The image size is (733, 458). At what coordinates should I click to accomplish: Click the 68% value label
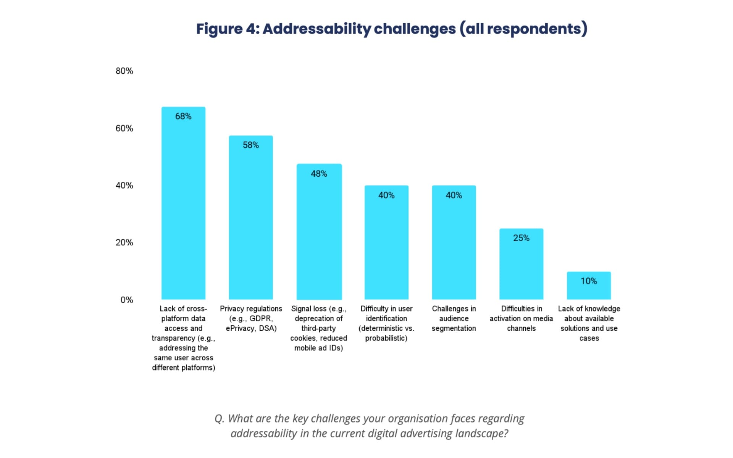click(183, 116)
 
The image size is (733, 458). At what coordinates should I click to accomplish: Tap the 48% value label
click(319, 174)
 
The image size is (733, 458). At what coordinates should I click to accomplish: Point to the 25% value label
click(521, 238)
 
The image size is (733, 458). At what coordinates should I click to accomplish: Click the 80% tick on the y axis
click(124, 71)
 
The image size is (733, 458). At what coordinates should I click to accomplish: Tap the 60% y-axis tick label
click(124, 128)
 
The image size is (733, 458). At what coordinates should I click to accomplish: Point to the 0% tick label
click(127, 300)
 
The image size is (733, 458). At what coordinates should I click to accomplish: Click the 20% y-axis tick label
click(124, 243)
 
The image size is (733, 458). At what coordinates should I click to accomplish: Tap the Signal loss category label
click(319, 328)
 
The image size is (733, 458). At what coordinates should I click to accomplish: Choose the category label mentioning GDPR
click(251, 318)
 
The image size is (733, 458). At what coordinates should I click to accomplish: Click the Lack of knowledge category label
click(589, 323)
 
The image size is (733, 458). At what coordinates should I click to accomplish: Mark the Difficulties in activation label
click(521, 318)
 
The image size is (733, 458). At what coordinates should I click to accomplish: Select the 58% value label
click(251, 145)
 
